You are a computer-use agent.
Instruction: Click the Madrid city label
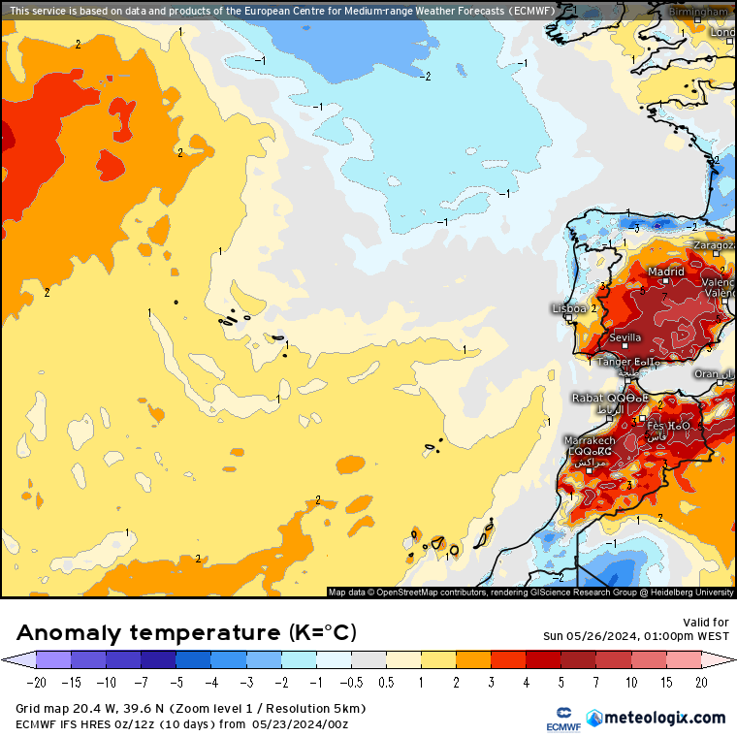[666, 272]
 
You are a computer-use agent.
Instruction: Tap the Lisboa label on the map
[568, 308]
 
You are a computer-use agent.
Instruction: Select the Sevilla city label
[625, 337]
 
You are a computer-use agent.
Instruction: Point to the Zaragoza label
[714, 246]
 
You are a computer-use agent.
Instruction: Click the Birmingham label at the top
[701, 12]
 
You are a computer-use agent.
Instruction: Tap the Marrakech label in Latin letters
[590, 440]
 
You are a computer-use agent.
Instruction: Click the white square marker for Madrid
[666, 284]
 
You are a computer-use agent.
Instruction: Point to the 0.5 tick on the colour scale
[386, 683]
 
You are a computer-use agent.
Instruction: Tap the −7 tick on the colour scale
[142, 683]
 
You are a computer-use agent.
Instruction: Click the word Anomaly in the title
[70, 633]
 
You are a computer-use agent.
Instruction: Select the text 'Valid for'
[705, 623]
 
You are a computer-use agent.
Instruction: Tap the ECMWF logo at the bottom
[559, 719]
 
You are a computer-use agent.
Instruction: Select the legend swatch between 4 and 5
[543, 659]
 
